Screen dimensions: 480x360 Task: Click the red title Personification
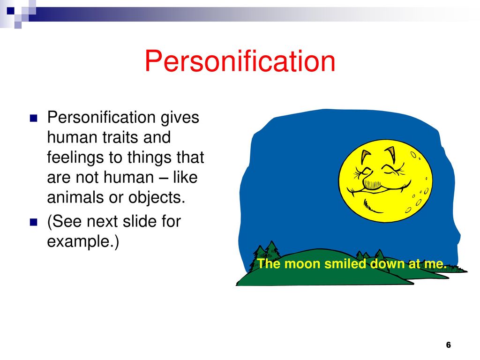240,61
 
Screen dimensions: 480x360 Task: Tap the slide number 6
449,345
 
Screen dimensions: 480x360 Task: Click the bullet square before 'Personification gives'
33,118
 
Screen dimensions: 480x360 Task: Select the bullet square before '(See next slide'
33,222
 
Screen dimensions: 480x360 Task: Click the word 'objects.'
157,197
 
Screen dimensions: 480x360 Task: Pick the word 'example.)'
83,242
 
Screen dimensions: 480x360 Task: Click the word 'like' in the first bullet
185,177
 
